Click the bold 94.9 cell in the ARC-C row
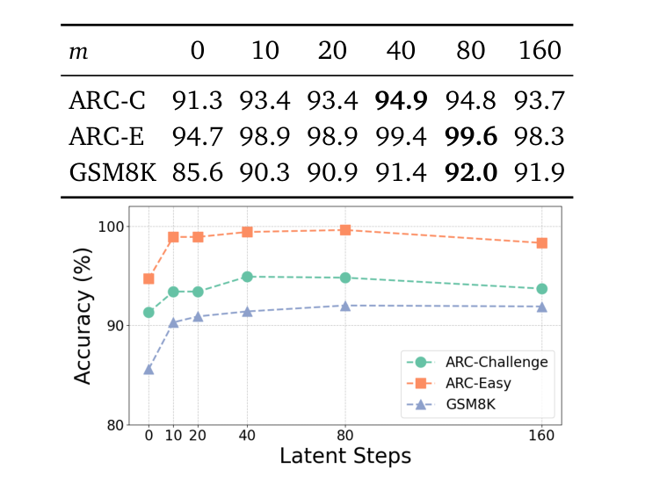(401, 102)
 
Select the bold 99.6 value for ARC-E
(470, 136)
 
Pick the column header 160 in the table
(539, 51)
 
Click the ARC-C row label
(105, 102)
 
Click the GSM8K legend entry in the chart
(480, 404)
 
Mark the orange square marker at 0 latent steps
(149, 278)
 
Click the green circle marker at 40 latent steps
(247, 277)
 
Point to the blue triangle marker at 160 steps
(541, 307)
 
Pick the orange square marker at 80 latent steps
(345, 230)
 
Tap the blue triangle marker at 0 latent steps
(149, 369)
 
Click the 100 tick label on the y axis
(112, 227)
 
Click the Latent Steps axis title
(344, 457)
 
